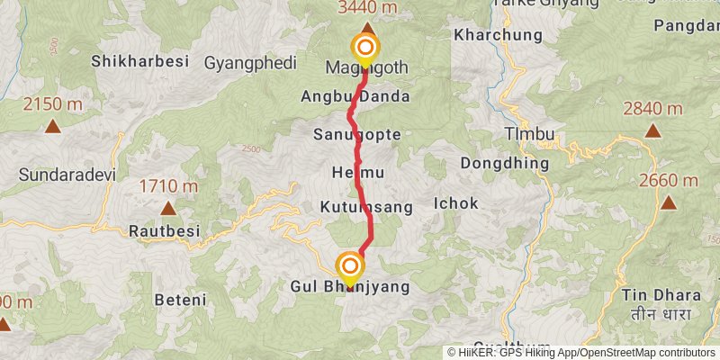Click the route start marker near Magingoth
click(x=366, y=48)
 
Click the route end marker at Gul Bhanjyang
click(x=349, y=266)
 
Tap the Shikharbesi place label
click(x=139, y=62)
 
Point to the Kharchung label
click(x=499, y=35)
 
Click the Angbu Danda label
click(x=369, y=96)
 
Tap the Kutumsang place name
click(x=366, y=207)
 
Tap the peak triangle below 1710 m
click(x=167, y=209)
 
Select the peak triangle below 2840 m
click(x=652, y=130)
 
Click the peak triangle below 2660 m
click(x=669, y=202)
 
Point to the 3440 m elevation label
click(x=367, y=8)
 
